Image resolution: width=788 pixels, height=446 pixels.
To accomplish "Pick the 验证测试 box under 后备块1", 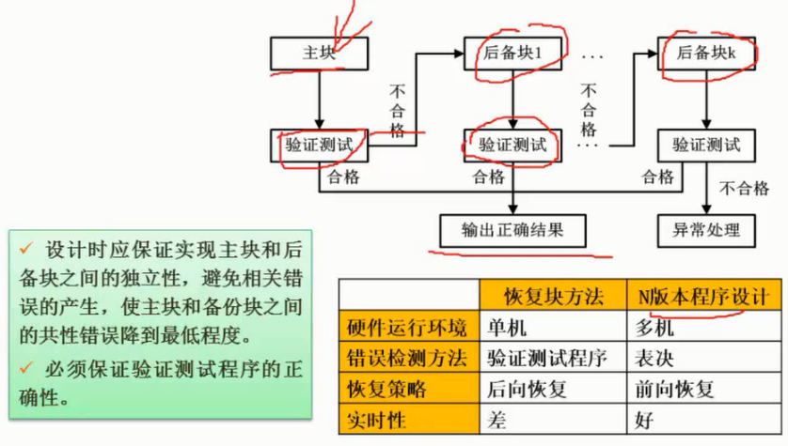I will [x=512, y=146].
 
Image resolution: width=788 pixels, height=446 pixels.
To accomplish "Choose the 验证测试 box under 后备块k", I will [x=706, y=146].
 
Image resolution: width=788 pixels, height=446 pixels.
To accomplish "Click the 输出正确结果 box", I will [x=512, y=229].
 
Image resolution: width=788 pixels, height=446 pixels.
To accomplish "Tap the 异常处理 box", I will [x=706, y=229].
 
